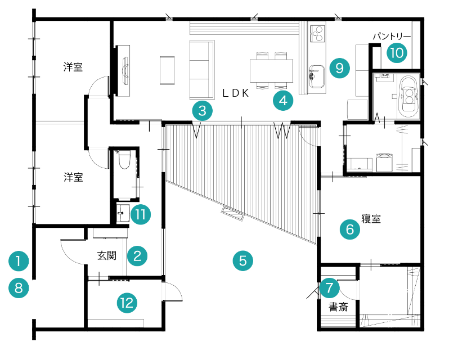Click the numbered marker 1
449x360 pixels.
[x=19, y=261]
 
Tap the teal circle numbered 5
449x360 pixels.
[x=243, y=260]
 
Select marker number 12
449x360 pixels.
[x=127, y=303]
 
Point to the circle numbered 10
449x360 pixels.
[x=397, y=53]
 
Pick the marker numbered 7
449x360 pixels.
[x=329, y=288]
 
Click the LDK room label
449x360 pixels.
[x=236, y=93]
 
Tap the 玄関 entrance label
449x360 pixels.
[x=107, y=255]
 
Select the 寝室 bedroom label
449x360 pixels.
[x=371, y=219]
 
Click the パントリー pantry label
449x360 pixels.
[x=392, y=37]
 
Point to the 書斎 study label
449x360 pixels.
[x=339, y=307]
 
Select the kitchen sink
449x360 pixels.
[x=317, y=76]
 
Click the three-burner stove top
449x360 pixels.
[x=317, y=33]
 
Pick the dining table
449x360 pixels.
[x=271, y=71]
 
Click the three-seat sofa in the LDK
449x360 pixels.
[x=202, y=70]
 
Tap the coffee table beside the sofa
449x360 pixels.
[x=167, y=70]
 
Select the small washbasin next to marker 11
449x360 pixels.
[x=123, y=213]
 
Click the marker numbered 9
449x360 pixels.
[x=339, y=68]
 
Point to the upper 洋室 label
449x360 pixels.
[x=73, y=67]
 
